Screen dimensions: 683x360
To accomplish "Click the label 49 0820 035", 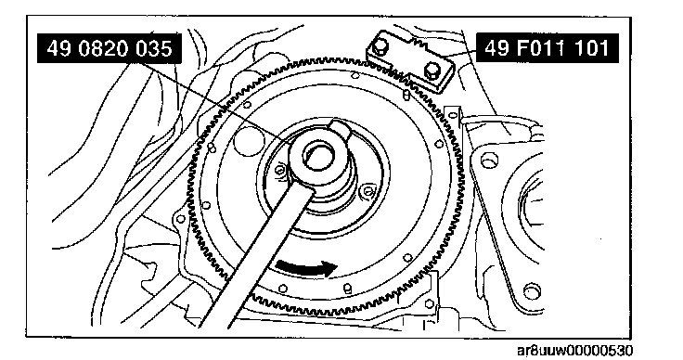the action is pos(109,48).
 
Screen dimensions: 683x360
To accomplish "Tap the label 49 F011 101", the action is pos(547,48).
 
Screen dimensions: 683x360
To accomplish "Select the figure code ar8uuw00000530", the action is pos(575,351).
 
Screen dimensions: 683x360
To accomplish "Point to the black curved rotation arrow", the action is pos(306,266).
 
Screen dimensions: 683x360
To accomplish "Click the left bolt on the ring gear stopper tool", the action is pos(380,45).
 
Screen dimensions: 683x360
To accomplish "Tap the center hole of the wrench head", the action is pos(317,156).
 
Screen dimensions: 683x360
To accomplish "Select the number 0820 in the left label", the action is pos(104,48).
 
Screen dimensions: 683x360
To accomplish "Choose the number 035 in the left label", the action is pos(154,48).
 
